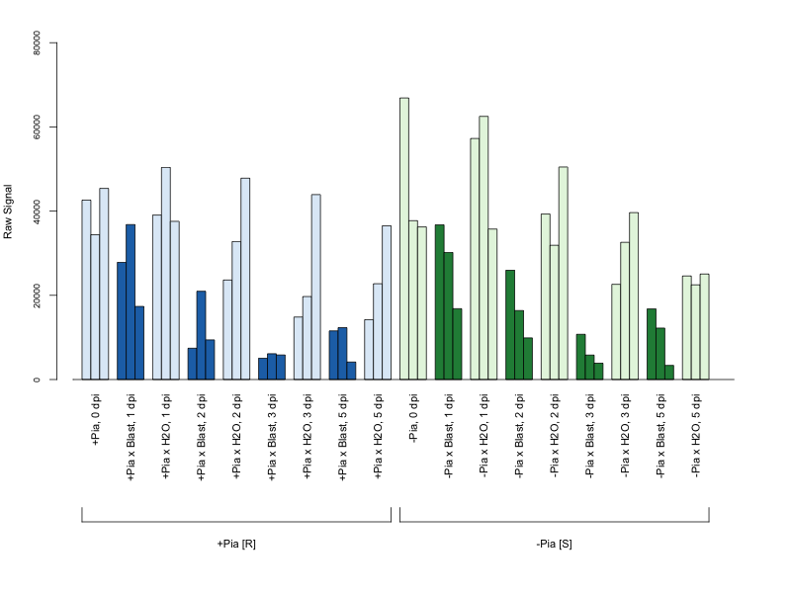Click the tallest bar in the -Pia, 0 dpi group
pyautogui.click(x=404, y=238)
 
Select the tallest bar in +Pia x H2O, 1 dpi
pyautogui.click(x=166, y=274)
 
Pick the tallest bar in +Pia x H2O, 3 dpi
pyautogui.click(x=315, y=287)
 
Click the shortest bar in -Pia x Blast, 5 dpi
pyautogui.click(x=669, y=373)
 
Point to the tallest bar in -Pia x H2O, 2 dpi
pyautogui.click(x=563, y=273)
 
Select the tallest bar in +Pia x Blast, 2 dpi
pyautogui.click(x=202, y=335)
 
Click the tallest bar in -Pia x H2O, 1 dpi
pyautogui.click(x=483, y=248)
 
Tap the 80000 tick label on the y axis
pyautogui.click(x=37, y=42)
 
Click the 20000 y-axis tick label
pyautogui.click(x=37, y=295)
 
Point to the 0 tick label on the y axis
pyautogui.click(x=37, y=380)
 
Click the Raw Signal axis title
pyautogui.click(x=8, y=212)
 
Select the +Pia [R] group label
pyautogui.click(x=236, y=545)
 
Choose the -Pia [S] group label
pyautogui.click(x=554, y=545)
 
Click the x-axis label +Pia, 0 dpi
pyautogui.click(x=96, y=419)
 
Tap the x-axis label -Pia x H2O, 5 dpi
pyautogui.click(x=696, y=436)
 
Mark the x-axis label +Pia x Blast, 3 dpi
pyautogui.click(x=273, y=437)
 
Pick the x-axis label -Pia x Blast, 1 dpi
pyautogui.click(x=449, y=436)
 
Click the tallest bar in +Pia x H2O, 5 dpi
pyautogui.click(x=387, y=302)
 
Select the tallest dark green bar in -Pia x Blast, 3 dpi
pyautogui.click(x=580, y=357)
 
